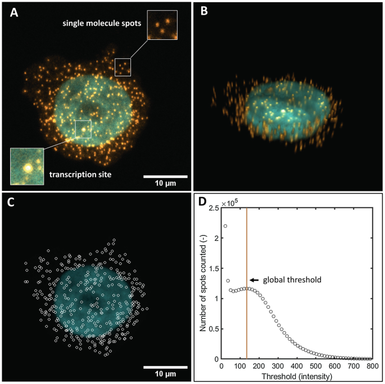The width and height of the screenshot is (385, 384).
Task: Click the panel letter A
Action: tap(15, 12)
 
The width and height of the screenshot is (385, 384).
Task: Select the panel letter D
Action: tap(205, 201)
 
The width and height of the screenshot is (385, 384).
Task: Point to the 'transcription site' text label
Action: tap(85, 175)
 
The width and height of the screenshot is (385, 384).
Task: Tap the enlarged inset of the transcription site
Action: tap(27, 166)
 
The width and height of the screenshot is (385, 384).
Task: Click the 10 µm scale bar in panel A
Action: tap(159, 175)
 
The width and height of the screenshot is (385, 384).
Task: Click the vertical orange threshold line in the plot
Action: tap(247, 281)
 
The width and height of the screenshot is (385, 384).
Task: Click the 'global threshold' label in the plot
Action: tap(292, 280)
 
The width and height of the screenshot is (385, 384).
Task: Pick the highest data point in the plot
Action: tap(225, 226)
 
